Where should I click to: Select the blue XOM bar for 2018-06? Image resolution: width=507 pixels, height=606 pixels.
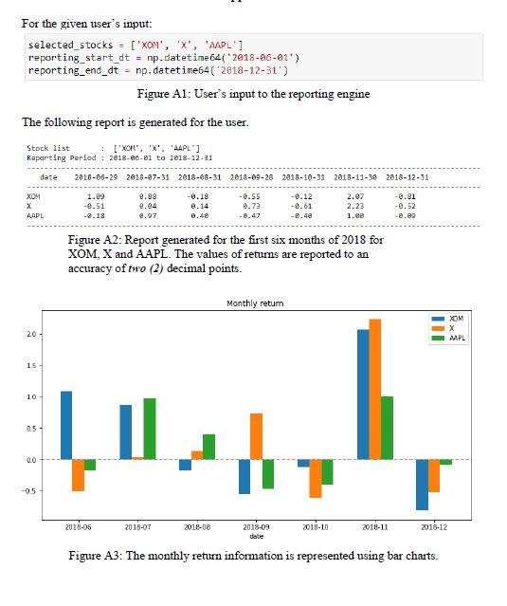(x=66, y=425)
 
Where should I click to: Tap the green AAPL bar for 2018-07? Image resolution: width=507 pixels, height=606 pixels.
(x=149, y=429)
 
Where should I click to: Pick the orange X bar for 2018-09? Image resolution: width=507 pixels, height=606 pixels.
(x=256, y=436)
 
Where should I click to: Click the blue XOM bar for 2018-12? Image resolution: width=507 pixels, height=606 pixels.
(x=422, y=485)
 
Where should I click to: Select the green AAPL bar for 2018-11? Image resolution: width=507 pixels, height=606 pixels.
(x=387, y=428)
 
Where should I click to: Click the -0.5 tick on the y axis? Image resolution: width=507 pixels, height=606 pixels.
(x=29, y=490)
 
